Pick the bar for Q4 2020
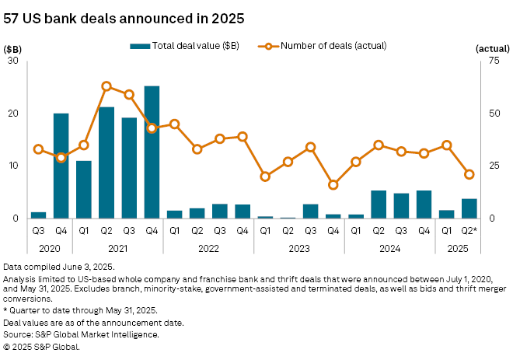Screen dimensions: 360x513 [x=61, y=166]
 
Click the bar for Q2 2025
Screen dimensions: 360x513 [x=469, y=208]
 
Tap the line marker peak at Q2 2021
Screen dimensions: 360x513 [x=106, y=86]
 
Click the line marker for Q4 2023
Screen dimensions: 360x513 [x=333, y=185]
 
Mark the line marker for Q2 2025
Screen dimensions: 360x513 [x=469, y=174]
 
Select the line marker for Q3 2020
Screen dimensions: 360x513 [x=38, y=149]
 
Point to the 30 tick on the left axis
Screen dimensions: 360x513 [x=14, y=61]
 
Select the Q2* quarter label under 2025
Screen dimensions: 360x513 [x=469, y=231]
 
